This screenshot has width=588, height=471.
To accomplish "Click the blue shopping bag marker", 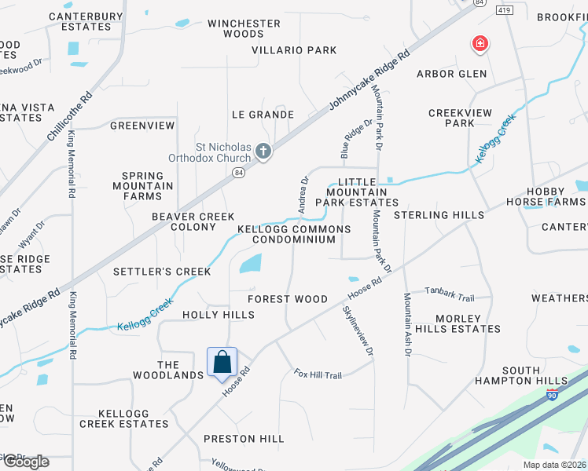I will pyautogui.click(x=222, y=363).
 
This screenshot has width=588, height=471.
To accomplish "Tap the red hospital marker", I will pyautogui.click(x=478, y=44).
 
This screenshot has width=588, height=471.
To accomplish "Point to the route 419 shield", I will pyautogui.click(x=504, y=9).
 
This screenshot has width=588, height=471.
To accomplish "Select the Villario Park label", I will pyautogui.click(x=294, y=50).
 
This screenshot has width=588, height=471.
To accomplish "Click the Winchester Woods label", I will pyautogui.click(x=244, y=28).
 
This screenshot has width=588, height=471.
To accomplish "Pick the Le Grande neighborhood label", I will pyautogui.click(x=262, y=115).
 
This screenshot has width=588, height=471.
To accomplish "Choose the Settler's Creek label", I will pyautogui.click(x=162, y=272).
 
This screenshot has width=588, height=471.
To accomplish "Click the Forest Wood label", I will pyautogui.click(x=287, y=299).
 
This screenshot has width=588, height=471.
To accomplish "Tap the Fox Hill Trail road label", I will pyautogui.click(x=318, y=374).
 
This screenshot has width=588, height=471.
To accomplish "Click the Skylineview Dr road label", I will pyautogui.click(x=357, y=330).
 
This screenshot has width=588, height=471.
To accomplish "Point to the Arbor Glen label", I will pyautogui.click(x=451, y=74).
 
